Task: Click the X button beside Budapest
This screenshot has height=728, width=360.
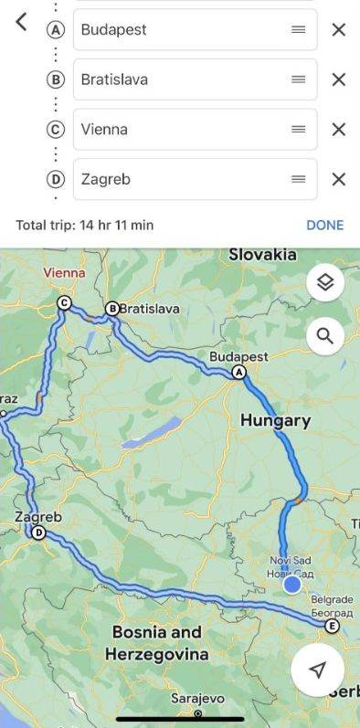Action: coord(338,29)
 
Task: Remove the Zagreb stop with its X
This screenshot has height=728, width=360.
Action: coord(338,179)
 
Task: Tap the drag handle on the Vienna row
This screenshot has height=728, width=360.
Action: coord(298,129)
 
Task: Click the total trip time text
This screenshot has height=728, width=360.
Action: coord(84,225)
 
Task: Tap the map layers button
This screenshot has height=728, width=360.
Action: coord(324,282)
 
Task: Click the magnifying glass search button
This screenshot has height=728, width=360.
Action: coord(324,336)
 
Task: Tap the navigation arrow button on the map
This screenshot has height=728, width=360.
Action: coord(317,670)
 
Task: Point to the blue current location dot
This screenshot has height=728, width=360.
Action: coord(291,585)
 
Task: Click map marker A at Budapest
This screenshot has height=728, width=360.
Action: coord(239,372)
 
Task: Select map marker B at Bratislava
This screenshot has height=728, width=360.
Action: coord(113,309)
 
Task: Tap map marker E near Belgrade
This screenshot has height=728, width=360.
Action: coord(332,627)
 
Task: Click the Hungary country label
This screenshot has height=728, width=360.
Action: coord(275,421)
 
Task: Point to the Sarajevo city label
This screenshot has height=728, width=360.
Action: coord(198,700)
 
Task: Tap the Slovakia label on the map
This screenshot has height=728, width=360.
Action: coord(262,255)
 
